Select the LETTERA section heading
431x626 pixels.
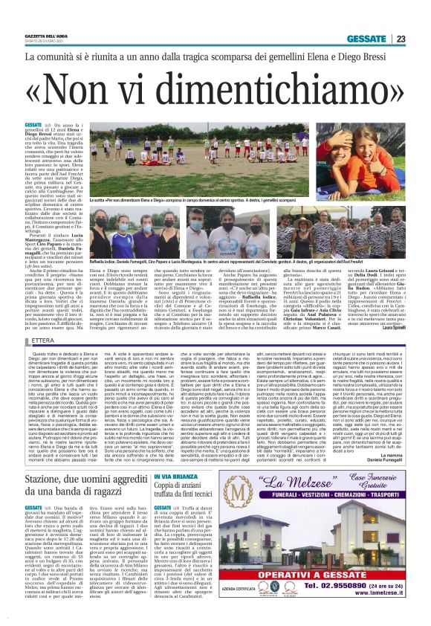point(44,341)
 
